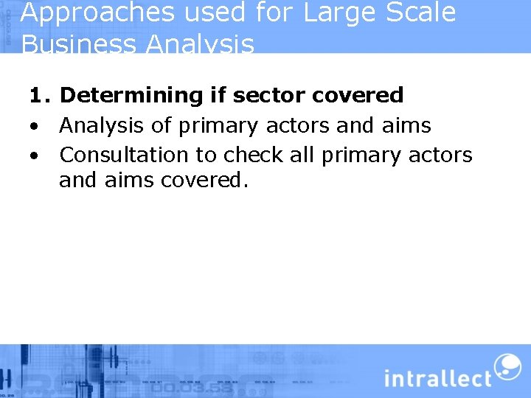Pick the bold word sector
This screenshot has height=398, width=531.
click(271, 95)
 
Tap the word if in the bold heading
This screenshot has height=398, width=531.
click(217, 95)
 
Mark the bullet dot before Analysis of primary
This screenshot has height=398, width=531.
click(34, 126)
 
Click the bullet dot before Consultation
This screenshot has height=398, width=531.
click(34, 156)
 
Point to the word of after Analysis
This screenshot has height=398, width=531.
click(161, 125)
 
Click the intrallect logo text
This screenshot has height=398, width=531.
click(437, 378)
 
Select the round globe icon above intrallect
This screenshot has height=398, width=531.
click(507, 366)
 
